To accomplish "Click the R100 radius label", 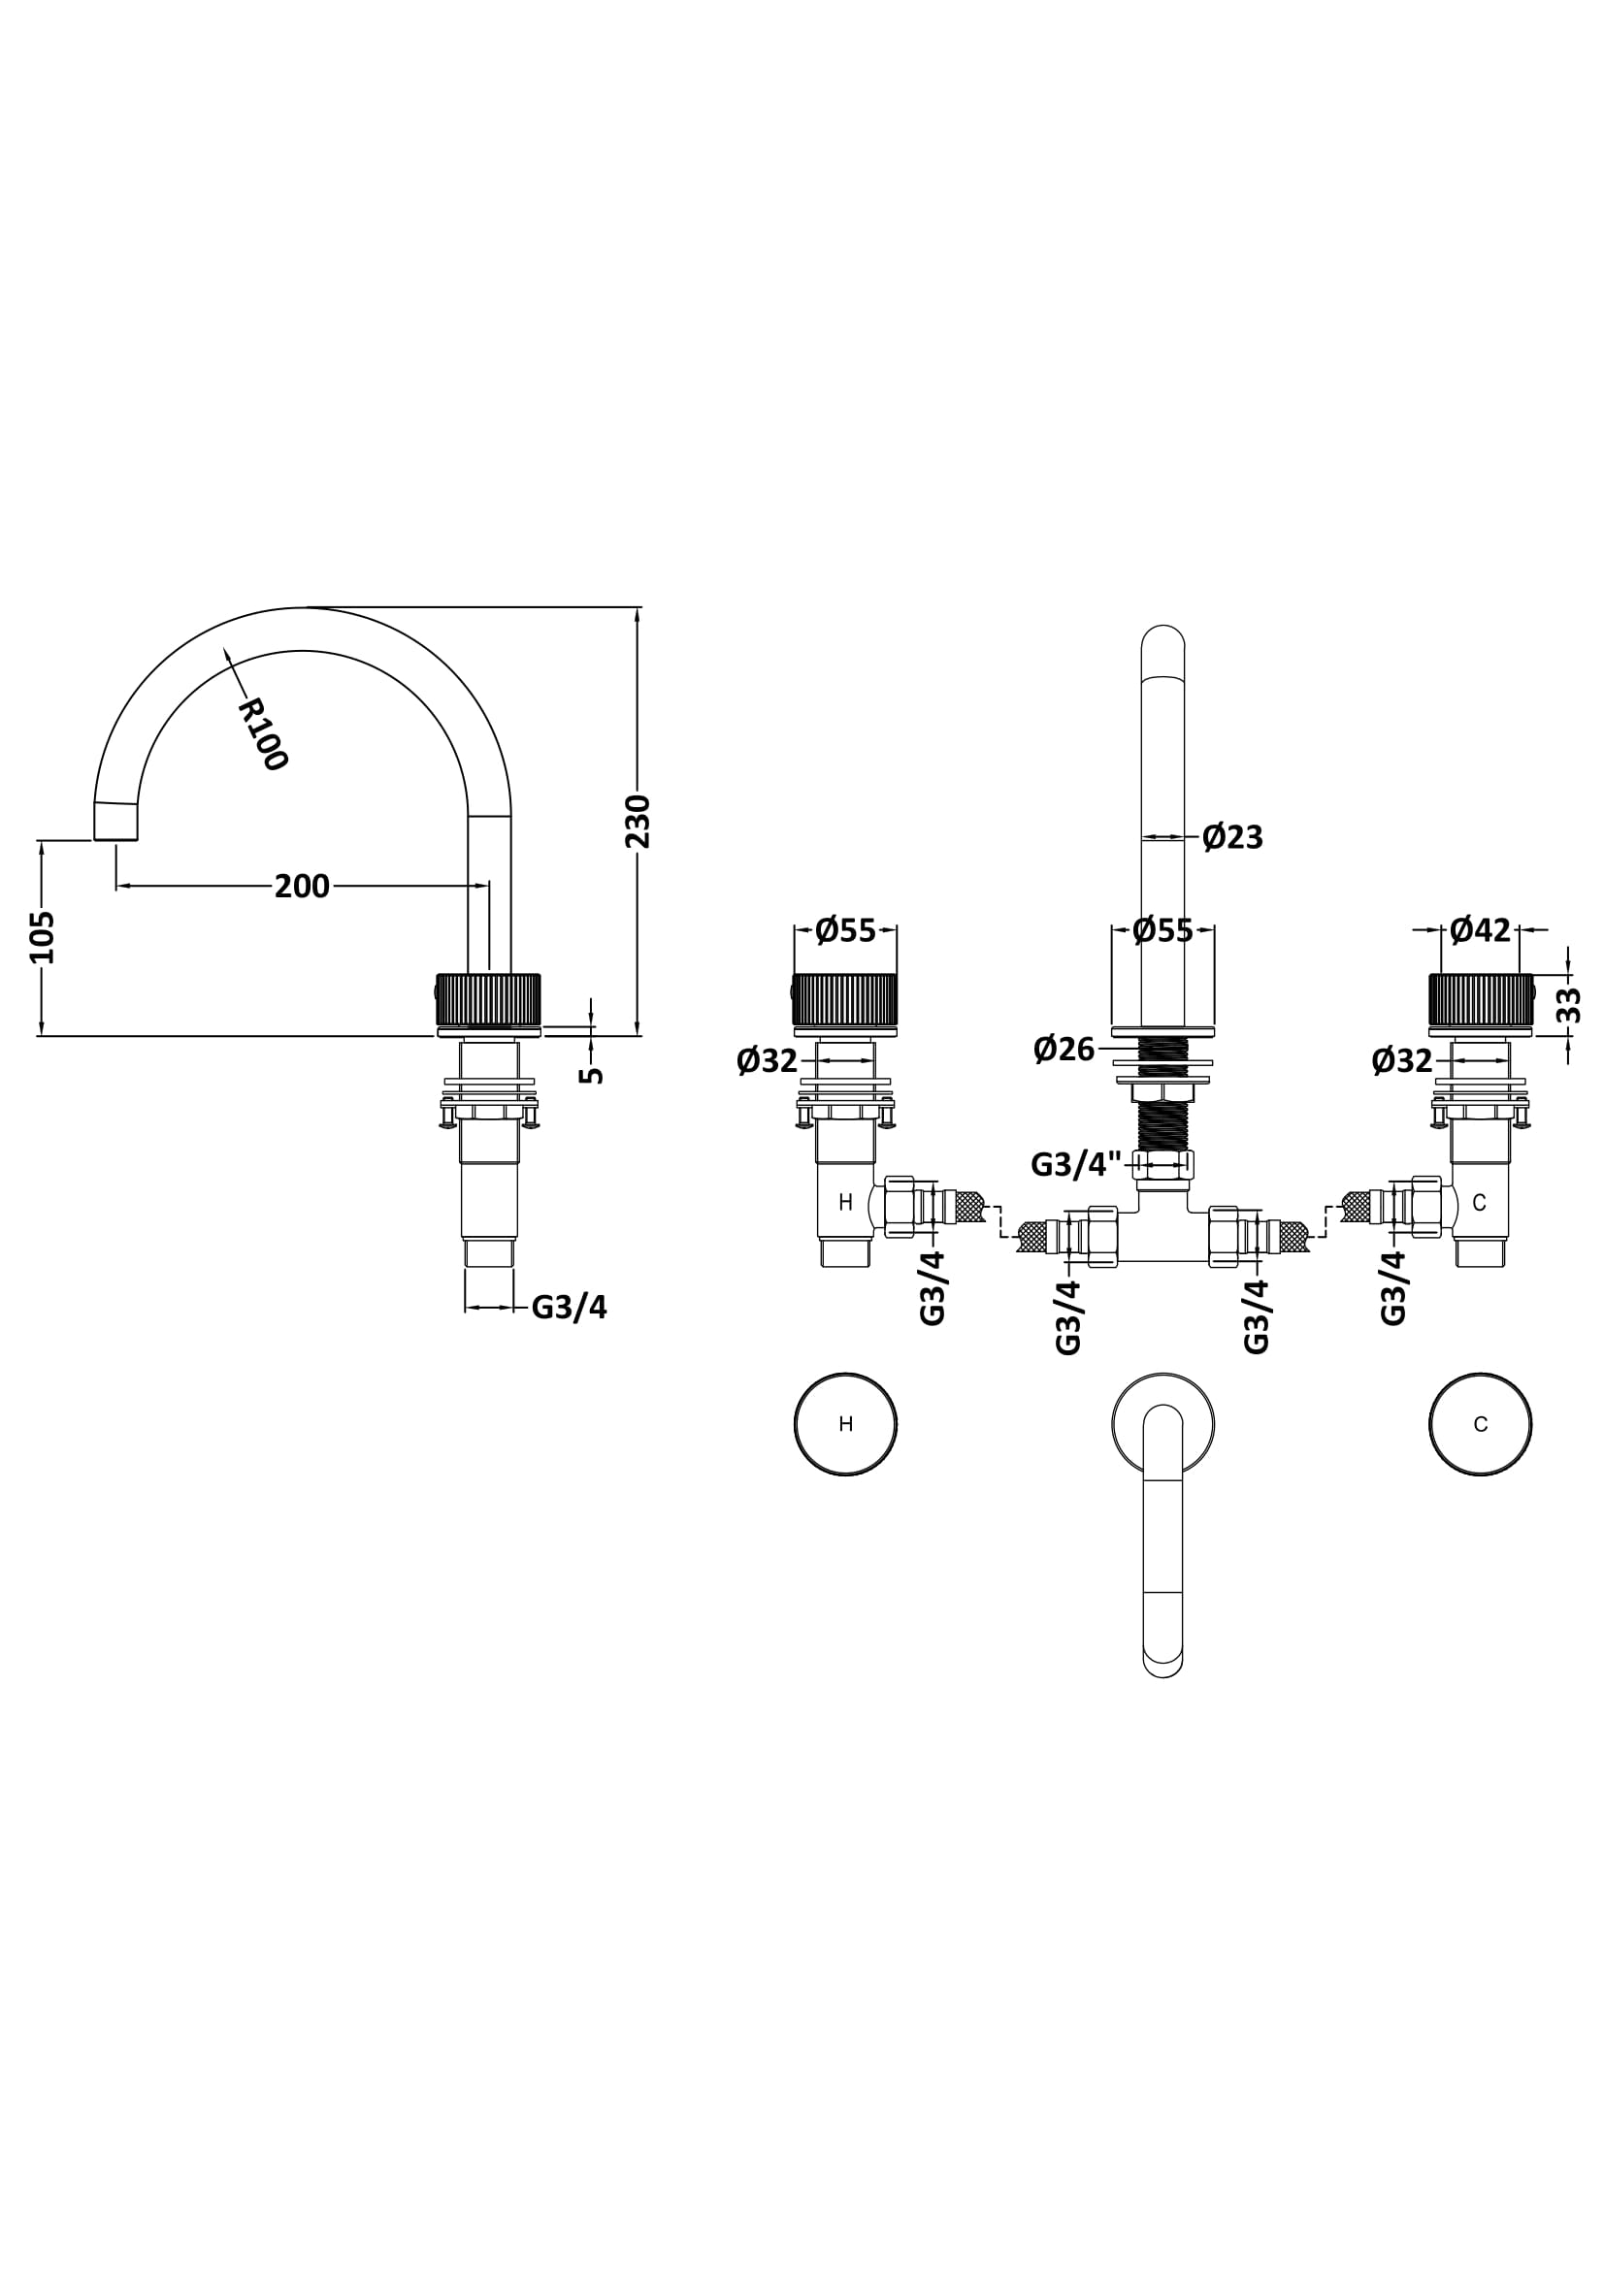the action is coord(263,734).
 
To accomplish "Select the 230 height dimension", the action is coord(638,822).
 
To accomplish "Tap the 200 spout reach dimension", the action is coord(303,887).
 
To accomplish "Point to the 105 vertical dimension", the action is coord(43,937).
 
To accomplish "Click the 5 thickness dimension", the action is coord(591,1074).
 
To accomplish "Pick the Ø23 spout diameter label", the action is coord(1232,838).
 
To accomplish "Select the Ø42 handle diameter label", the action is coord(1481,930).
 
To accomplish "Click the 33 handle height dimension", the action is coord(1568,1006).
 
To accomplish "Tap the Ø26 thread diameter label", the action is coord(1064,1049).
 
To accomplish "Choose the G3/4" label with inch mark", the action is coord(1076,1165).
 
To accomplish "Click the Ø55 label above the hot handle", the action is coord(846,930).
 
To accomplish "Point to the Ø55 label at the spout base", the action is coord(1163,930).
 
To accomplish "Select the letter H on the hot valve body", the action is coord(846,1203).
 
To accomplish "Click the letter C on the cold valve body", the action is coord(1480,1203).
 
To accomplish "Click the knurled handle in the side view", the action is coord(488,1001).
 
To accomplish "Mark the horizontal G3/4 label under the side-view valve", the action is coord(570,1308).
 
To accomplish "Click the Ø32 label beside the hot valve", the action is coord(767,1060).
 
